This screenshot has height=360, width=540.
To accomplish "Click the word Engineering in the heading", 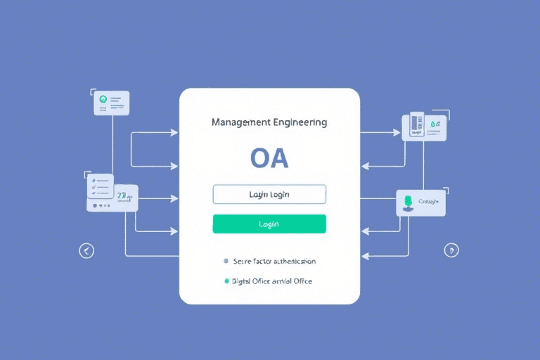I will pyautogui.click(x=300, y=122).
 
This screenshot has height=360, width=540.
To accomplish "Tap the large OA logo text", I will pyautogui.click(x=269, y=158).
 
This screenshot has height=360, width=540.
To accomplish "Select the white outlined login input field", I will pyautogui.click(x=269, y=194).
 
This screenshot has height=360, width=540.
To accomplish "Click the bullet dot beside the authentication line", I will pyautogui.click(x=226, y=261).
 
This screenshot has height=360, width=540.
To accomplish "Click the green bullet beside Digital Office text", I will pyautogui.click(x=226, y=281).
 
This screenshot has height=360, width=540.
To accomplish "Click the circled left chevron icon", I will pyautogui.click(x=86, y=250).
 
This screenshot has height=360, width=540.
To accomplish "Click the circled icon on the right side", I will pyautogui.click(x=451, y=250).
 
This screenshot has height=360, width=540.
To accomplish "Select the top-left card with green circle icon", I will pyautogui.click(x=112, y=103).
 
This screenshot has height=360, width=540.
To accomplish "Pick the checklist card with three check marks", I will pyautogui.click(x=100, y=187).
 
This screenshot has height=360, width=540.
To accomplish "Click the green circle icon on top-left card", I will pyautogui.click(x=103, y=100).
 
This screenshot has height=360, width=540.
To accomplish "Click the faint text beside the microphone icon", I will pyautogui.click(x=428, y=201).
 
